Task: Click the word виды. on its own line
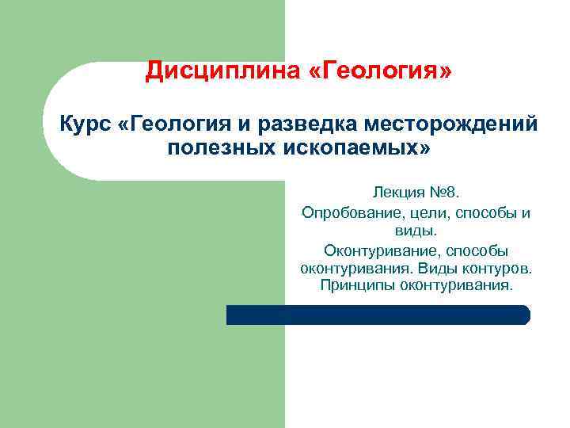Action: click(416, 231)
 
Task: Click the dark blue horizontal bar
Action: click(378, 315)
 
